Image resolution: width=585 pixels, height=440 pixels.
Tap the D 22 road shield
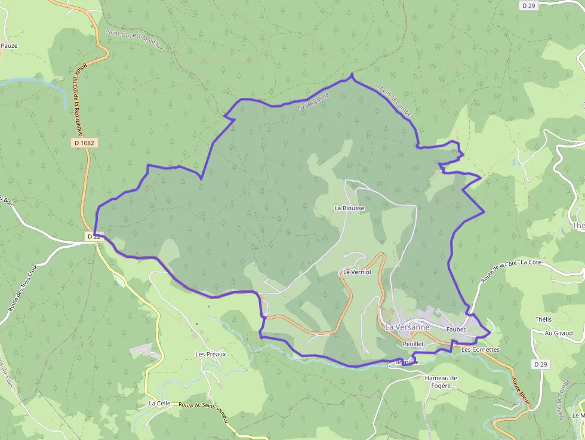pos(93,237)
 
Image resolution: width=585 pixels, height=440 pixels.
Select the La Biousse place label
pos(349,208)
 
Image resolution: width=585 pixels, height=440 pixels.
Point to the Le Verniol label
pos(357,272)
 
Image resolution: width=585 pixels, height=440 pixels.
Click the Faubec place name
pos(455,330)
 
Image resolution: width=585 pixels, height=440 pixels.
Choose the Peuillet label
pos(413,344)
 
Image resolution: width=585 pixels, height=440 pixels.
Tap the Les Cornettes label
pos(481,349)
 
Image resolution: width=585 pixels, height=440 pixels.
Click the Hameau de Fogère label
pos(441,381)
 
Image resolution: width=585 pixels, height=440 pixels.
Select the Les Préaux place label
pos(211,354)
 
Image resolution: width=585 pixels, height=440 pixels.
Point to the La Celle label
pos(159,404)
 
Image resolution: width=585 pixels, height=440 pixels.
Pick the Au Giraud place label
pos(550,333)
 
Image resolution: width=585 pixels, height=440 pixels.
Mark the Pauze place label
pos(9,45)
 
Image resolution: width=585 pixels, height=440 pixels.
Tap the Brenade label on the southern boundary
pos(407,362)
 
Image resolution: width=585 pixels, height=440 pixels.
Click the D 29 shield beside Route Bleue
pos(540,364)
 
